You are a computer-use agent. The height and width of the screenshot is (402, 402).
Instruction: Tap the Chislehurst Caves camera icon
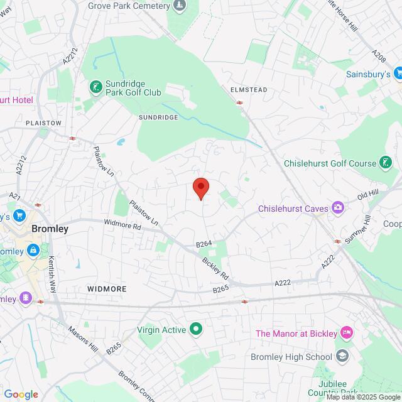(338, 207)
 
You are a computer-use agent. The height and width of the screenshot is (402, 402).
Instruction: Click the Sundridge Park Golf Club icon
(95, 86)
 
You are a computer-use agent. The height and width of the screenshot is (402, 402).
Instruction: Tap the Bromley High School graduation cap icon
(342, 357)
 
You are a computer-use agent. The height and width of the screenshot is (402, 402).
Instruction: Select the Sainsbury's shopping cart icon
(398, 74)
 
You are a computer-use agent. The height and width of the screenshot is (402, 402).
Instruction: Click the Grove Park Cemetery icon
(180, 6)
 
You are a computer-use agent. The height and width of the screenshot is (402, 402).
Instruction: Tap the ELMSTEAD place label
(249, 90)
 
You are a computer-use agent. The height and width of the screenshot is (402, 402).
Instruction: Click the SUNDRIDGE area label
(158, 117)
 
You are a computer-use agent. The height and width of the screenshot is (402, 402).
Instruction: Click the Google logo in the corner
(20, 394)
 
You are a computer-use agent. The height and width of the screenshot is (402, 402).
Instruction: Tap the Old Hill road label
(369, 196)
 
